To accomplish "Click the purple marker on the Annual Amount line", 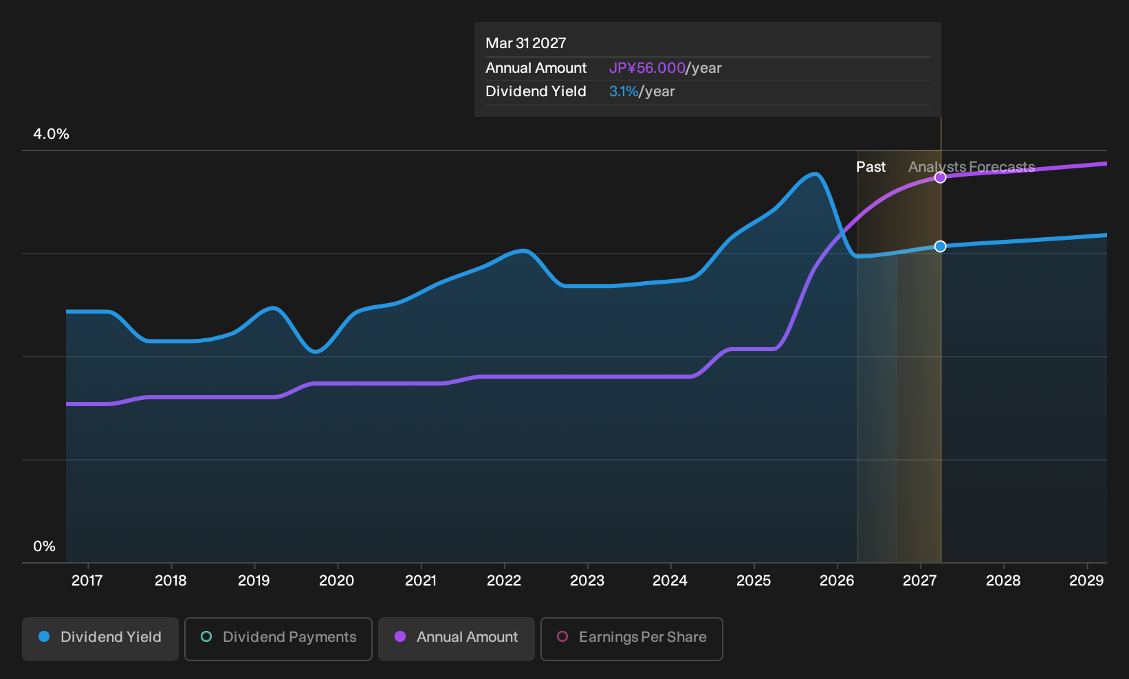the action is point(940,177).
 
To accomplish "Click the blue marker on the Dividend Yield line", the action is point(940,246).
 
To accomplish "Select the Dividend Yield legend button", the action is point(100,638).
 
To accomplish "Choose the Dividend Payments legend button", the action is point(278,638).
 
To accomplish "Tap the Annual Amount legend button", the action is point(456,638).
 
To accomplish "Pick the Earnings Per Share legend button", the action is point(631,638).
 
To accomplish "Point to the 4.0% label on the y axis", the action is point(51,134).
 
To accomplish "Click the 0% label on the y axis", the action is point(45,546).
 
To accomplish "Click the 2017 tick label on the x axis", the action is point(87,581).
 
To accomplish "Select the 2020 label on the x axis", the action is point(337,581).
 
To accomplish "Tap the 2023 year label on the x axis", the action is point(587,581).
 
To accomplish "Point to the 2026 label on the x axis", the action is point(837,581).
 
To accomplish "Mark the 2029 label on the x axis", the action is point(1086,581).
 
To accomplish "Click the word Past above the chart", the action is point(871,167).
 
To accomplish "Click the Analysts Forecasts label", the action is point(972,167).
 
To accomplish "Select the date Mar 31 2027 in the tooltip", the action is point(526,43).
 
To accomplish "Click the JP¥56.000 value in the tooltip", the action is point(647,68).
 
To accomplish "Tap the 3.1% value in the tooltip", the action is point(624,91).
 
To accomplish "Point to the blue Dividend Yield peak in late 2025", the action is point(815,175).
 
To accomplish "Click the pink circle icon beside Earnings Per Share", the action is point(562,636).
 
